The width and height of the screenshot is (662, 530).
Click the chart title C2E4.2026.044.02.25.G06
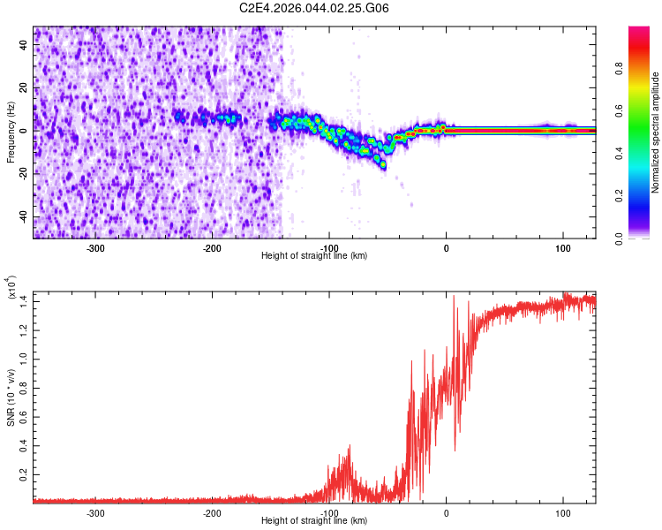(x=315, y=8)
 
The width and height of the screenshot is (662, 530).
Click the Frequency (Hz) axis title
(x=11, y=132)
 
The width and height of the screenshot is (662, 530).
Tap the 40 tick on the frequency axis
(x=25, y=46)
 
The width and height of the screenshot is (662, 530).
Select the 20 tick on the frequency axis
(x=25, y=88)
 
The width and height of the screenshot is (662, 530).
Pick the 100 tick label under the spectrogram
(x=563, y=247)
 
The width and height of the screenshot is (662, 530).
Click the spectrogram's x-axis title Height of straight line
(x=315, y=255)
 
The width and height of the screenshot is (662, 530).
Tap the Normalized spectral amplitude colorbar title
(x=656, y=132)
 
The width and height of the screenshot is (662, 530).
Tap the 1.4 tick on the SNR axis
(x=22, y=301)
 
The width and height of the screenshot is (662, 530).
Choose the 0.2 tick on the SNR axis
(x=22, y=474)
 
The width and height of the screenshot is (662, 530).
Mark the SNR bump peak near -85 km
(x=350, y=447)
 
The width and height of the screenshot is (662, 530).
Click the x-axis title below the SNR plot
(x=315, y=521)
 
